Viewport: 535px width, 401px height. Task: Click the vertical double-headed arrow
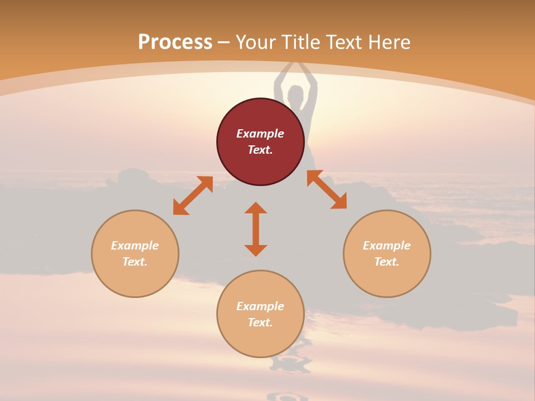coord(256,229)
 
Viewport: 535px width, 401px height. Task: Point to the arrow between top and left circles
coord(193,195)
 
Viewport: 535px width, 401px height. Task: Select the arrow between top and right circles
coord(327,189)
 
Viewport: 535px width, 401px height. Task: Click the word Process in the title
coord(175,42)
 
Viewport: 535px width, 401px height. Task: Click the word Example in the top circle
coord(260,134)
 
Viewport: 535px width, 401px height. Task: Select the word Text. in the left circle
coord(135,262)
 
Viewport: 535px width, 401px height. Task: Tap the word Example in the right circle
coord(387,246)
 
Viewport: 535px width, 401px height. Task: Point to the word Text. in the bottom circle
coord(260,322)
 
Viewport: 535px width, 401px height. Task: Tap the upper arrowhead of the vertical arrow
coord(256,208)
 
